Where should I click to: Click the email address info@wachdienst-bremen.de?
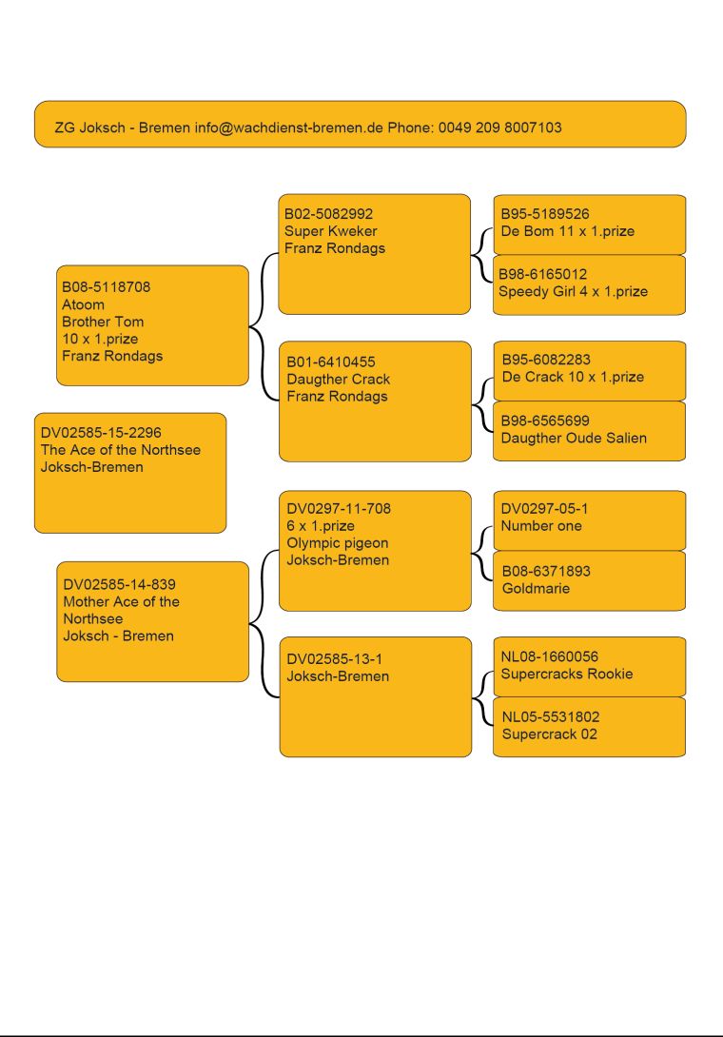coord(288,127)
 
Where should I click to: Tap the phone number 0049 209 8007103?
coord(499,127)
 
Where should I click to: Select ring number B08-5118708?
coord(106,287)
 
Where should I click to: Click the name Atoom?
coord(83,304)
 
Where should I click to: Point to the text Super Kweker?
coord(330,231)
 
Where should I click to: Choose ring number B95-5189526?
coord(544,214)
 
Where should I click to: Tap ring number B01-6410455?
coord(330,362)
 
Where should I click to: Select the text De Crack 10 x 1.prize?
coord(572,377)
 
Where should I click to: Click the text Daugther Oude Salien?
coord(574,438)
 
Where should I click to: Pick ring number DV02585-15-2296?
coord(101,433)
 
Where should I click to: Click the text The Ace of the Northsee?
coord(121,450)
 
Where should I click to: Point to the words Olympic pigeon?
coord(337,543)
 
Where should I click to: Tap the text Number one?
coord(541,526)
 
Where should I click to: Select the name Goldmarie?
coord(536,588)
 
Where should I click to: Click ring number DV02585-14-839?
coord(119,585)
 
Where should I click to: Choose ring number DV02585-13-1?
coord(334,659)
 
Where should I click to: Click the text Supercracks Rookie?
coord(566,674)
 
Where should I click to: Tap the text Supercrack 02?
coord(549,734)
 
